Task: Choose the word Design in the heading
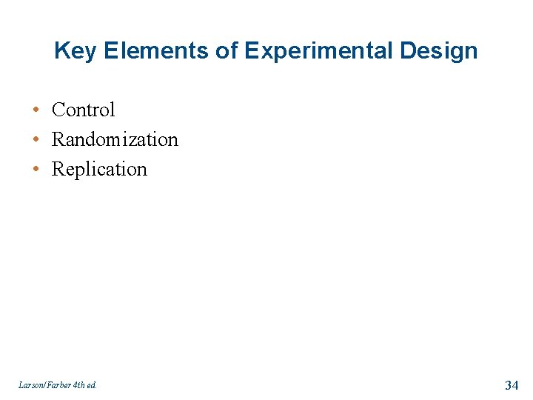(x=443, y=51)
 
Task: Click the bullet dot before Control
(x=36, y=110)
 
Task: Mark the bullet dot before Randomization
(x=36, y=139)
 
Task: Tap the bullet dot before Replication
(x=36, y=169)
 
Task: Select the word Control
(x=84, y=110)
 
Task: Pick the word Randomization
(x=115, y=139)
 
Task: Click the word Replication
(x=99, y=169)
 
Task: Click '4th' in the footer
(x=79, y=385)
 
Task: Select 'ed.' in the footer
(x=93, y=385)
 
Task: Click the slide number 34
(x=512, y=384)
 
